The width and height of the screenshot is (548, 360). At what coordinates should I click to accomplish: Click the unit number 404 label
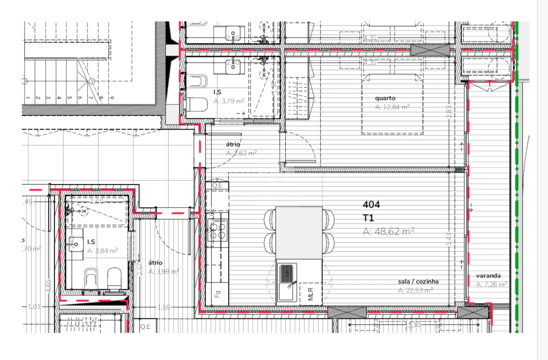pyautogui.click(x=371, y=204)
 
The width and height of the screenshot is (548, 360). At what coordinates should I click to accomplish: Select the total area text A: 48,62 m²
pyautogui.click(x=388, y=231)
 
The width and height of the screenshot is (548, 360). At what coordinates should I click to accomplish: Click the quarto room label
pyautogui.click(x=385, y=98)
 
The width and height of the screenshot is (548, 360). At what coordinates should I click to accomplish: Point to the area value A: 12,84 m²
pyautogui.click(x=392, y=106)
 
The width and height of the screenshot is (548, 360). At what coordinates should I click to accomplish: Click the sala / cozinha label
pyautogui.click(x=418, y=281)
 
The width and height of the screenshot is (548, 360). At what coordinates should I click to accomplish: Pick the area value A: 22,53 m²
pyautogui.click(x=415, y=290)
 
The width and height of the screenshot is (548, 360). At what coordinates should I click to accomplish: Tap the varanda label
pyautogui.click(x=488, y=275)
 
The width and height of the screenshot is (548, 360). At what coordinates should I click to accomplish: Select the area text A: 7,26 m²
pyautogui.click(x=491, y=284)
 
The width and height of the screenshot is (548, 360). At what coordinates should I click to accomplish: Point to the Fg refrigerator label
pyautogui.click(x=217, y=294)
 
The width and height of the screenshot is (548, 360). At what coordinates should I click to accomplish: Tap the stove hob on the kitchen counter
pyautogui.click(x=217, y=230)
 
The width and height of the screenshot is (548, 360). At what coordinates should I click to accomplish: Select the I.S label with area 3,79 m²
pyautogui.click(x=218, y=92)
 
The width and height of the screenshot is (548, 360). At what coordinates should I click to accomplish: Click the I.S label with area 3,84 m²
pyautogui.click(x=91, y=242)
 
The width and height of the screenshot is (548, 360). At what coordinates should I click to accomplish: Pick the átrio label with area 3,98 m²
pyautogui.click(x=155, y=262)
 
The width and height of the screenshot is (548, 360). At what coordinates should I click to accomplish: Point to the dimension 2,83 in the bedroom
pyautogui.click(x=449, y=110)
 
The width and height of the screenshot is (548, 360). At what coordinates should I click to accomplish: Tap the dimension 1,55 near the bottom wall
pyautogui.click(x=164, y=307)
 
